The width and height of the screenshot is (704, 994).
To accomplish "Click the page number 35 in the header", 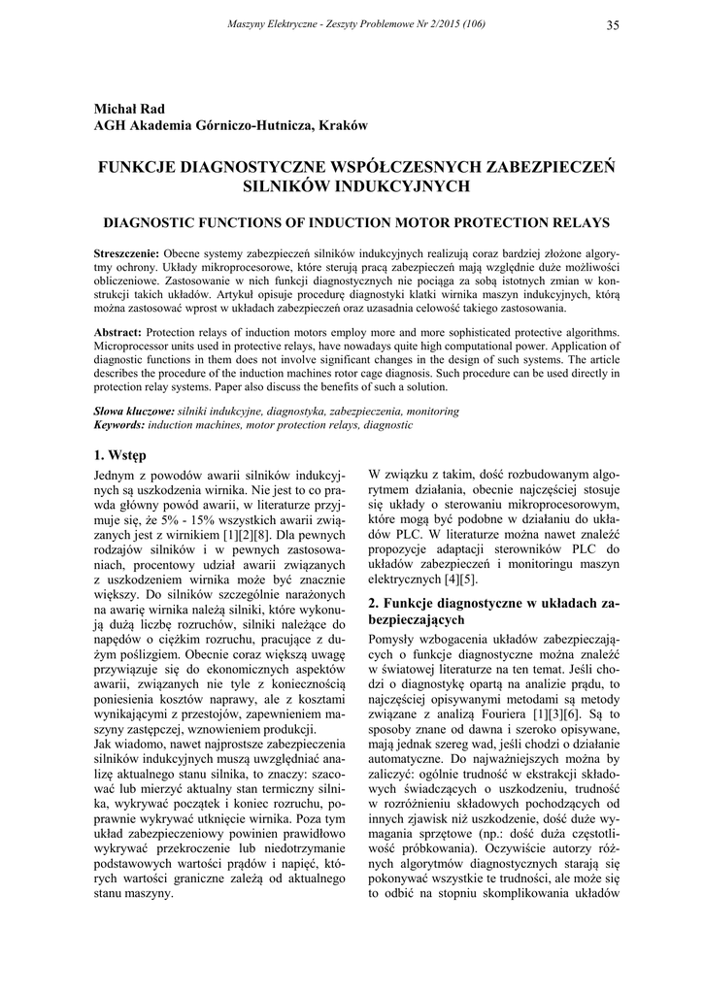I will coord(612,24).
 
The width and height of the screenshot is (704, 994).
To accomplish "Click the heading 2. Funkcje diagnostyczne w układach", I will coord(492,604).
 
